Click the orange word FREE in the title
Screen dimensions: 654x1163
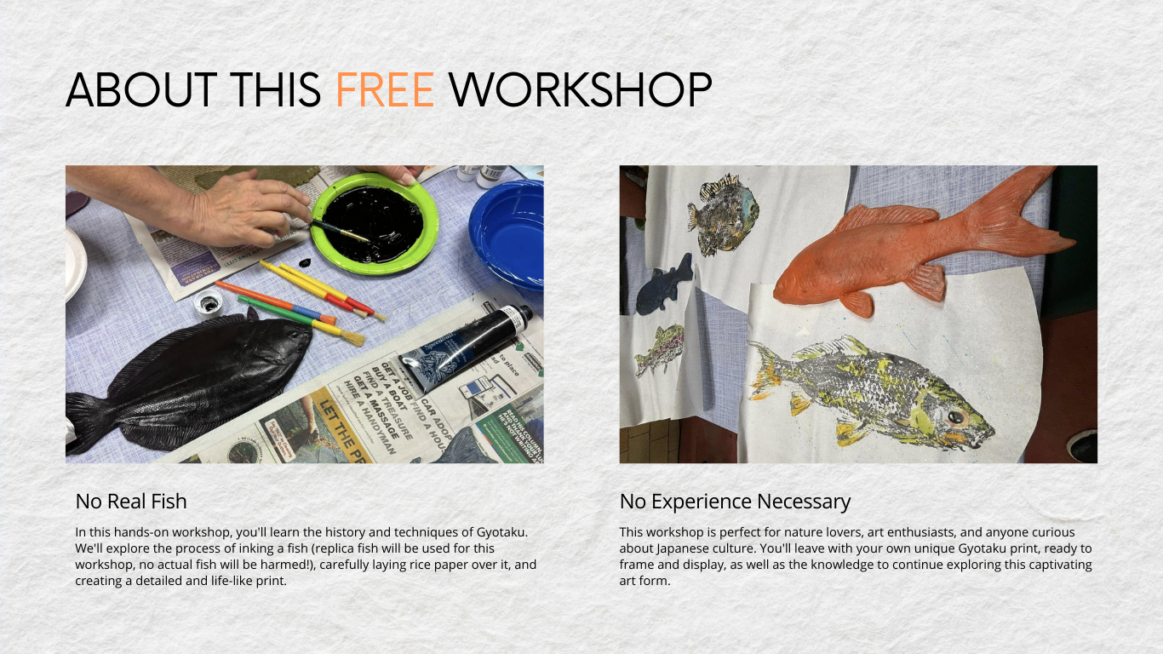pyautogui.click(x=385, y=90)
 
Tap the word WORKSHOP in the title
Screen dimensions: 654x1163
pyautogui.click(x=580, y=90)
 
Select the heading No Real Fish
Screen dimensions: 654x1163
pyautogui.click(x=130, y=501)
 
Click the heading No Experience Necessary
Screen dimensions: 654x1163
pyautogui.click(x=735, y=501)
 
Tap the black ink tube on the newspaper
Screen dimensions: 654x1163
pyautogui.click(x=464, y=340)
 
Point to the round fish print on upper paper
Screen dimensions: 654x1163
pyautogui.click(x=724, y=213)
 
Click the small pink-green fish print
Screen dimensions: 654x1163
pyautogui.click(x=660, y=349)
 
